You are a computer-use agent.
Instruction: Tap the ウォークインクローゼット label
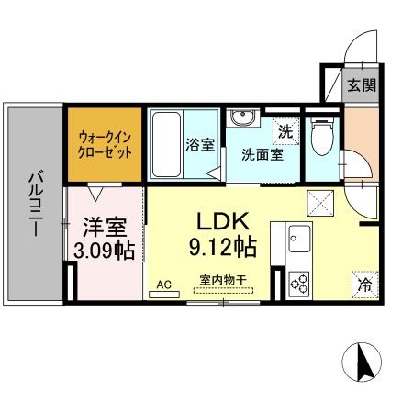[x=105, y=143]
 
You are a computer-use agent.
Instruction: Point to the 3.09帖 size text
[x=105, y=251]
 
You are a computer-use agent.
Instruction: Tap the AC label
[x=164, y=285]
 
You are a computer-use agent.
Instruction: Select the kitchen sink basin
[x=301, y=240]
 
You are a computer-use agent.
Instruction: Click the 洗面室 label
[x=262, y=155]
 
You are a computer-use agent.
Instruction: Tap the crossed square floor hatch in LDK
[x=319, y=200]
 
